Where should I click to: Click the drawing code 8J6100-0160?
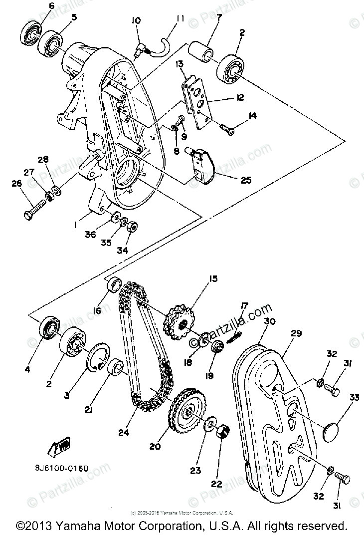tap(62, 468)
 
